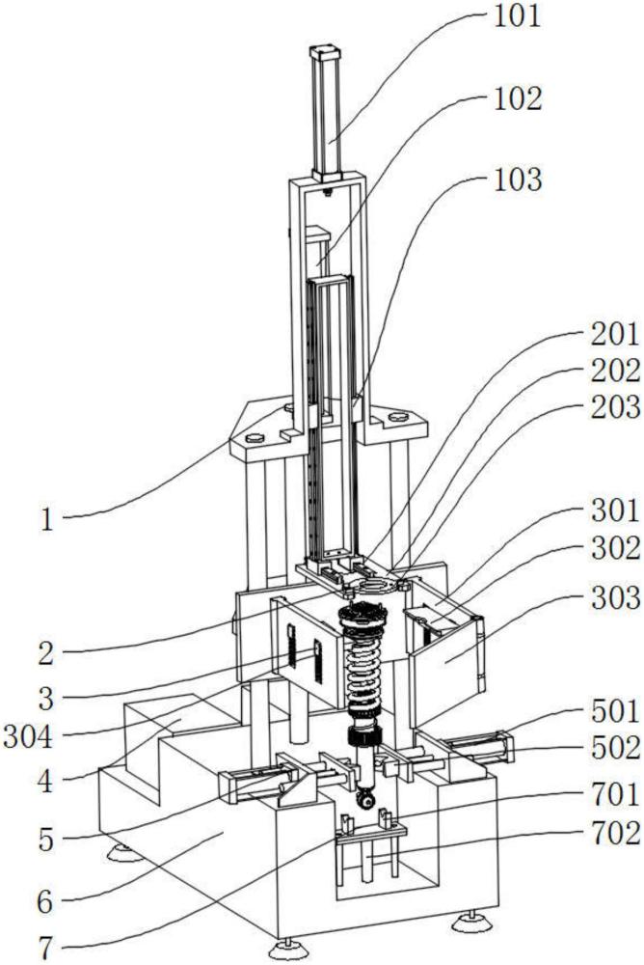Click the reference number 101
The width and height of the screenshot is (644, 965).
(x=518, y=16)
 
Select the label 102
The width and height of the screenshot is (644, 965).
(x=518, y=98)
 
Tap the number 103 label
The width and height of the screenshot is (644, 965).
(x=518, y=179)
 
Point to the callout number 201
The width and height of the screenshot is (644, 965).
(x=615, y=335)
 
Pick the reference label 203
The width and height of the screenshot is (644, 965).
(x=615, y=407)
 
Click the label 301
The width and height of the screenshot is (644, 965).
(x=615, y=510)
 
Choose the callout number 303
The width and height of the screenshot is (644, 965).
(x=615, y=597)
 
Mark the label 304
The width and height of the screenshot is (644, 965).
(x=28, y=737)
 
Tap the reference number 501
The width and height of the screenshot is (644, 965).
(x=615, y=711)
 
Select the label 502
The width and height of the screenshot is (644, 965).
(x=615, y=748)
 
